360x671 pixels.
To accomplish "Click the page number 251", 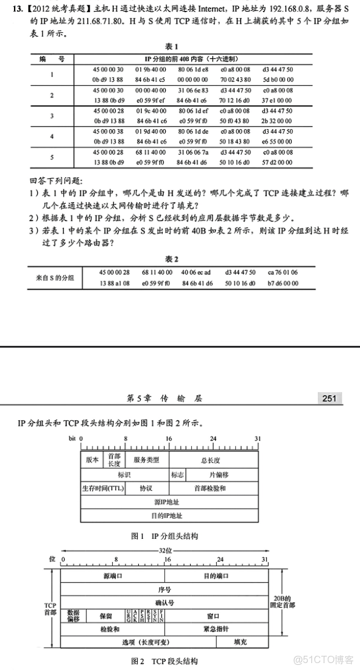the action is click(330, 399).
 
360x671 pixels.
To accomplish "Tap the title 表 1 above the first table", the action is click(172, 46).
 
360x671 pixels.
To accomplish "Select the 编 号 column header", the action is click(52, 59).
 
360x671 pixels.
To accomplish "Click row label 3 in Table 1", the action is click(52, 116).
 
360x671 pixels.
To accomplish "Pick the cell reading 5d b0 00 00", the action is click(277, 79).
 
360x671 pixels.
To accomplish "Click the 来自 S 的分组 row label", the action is click(55, 278).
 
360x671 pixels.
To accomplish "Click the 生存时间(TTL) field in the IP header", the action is click(102, 488).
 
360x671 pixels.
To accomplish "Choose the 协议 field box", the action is click(146, 488).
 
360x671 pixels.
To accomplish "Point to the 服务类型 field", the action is click(146, 460).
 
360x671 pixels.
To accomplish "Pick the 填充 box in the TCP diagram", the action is click(241, 642).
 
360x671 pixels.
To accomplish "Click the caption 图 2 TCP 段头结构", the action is click(164, 661).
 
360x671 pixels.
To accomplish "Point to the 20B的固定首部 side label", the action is click(281, 602).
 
